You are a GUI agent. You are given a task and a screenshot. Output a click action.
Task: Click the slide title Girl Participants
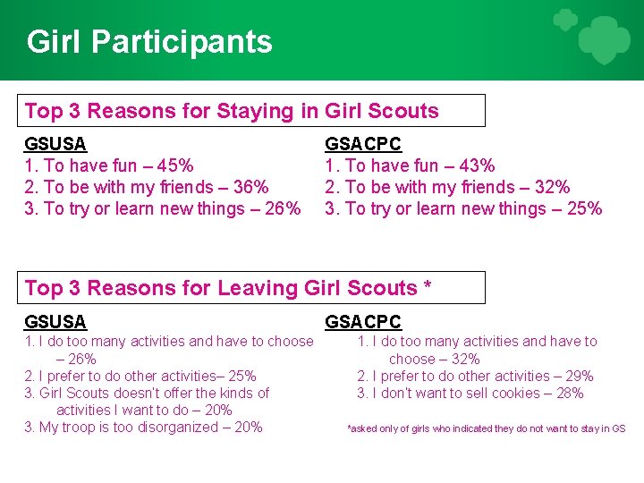pyautogui.click(x=149, y=42)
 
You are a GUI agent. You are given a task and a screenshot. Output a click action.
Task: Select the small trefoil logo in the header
pyautogui.click(x=564, y=20)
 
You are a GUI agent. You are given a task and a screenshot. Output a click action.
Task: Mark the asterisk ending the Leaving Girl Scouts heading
pyautogui.click(x=428, y=285)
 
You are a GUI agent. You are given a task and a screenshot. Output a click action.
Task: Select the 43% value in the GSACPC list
pyautogui.click(x=477, y=165)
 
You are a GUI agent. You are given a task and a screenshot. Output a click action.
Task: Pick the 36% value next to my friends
pyautogui.click(x=250, y=187)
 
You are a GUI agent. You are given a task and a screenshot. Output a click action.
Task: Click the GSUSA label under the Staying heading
pyautogui.click(x=55, y=144)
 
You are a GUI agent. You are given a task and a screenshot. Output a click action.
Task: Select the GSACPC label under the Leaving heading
pyautogui.click(x=362, y=322)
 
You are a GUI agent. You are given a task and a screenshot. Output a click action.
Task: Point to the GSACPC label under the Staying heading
pyautogui.click(x=362, y=144)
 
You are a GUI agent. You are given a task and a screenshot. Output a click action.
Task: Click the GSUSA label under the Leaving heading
pyautogui.click(x=55, y=322)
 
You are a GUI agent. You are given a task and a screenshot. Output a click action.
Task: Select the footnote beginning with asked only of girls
pyautogui.click(x=486, y=429)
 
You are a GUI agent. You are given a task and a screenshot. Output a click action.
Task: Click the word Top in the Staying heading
pyautogui.click(x=44, y=112)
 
